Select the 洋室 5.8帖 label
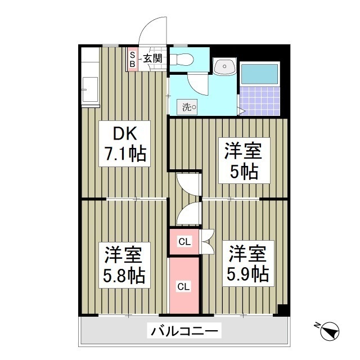[124, 264]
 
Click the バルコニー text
[183, 330]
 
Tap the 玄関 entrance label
[152, 57]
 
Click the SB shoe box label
[133, 59]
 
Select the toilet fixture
[181, 58]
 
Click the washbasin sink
[224, 67]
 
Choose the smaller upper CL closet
[184, 242]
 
